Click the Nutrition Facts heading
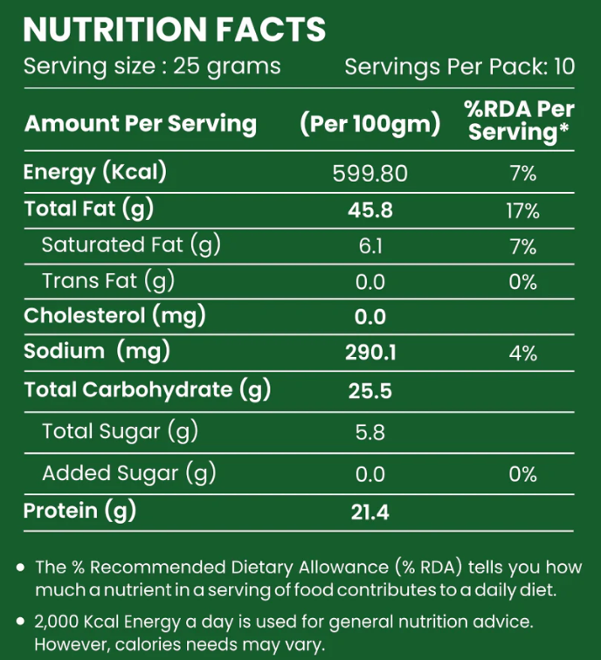(175, 30)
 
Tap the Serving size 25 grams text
(152, 66)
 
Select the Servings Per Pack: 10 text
(459, 66)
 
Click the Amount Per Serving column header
(141, 124)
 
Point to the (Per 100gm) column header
(370, 124)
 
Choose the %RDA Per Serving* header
(521, 120)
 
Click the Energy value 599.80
(370, 174)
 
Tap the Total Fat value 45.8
(370, 210)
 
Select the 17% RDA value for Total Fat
(522, 210)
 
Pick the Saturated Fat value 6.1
(370, 247)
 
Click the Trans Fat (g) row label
(108, 281)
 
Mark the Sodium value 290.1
(370, 353)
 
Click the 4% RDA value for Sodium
(522, 353)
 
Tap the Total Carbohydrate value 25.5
(370, 391)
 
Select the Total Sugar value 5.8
(370, 432)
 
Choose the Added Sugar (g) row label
(128, 474)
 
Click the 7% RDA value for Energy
(522, 174)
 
